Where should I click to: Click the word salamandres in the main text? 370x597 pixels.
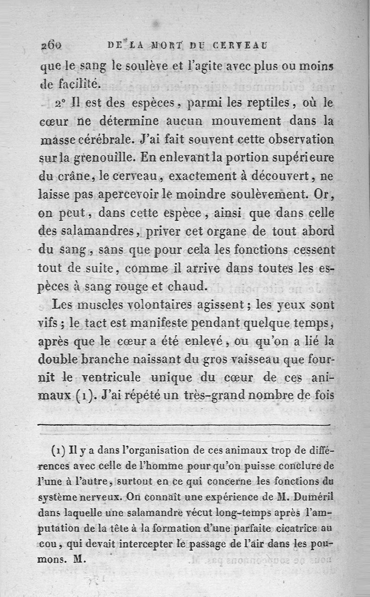pos(99,232)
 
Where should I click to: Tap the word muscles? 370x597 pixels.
pos(95,305)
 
